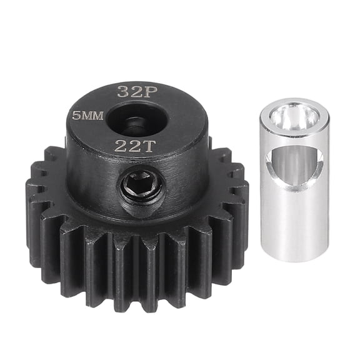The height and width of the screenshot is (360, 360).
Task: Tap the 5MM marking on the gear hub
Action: [x=87, y=116]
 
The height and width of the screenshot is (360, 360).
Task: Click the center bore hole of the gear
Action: [x=134, y=119]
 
